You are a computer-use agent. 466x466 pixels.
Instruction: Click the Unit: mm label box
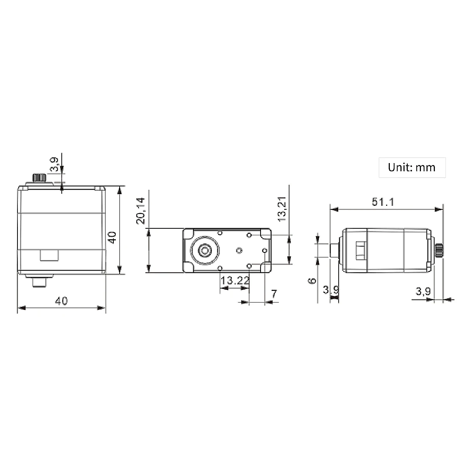pyautogui.click(x=412, y=167)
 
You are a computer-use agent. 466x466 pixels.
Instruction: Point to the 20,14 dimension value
pyautogui.click(x=141, y=211)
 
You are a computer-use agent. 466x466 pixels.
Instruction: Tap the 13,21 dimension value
pyautogui.click(x=282, y=209)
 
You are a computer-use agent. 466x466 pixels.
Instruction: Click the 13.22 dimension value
pyautogui.click(x=235, y=280)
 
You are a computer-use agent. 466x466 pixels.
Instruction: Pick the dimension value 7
pyautogui.click(x=274, y=294)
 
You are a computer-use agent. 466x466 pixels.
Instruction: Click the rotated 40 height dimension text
pyautogui.click(x=112, y=237)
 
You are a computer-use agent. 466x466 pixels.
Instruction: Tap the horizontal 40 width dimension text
pyautogui.click(x=61, y=301)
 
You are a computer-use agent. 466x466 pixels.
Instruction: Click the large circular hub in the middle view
pyautogui.click(x=204, y=251)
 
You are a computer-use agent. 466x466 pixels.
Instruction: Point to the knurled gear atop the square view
pyautogui.click(x=40, y=178)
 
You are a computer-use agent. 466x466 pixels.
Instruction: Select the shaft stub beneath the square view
pyautogui.click(x=39, y=282)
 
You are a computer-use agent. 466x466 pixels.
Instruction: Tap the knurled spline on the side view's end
pyautogui.click(x=439, y=250)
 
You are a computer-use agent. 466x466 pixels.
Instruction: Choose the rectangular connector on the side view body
pyautogui.click(x=360, y=250)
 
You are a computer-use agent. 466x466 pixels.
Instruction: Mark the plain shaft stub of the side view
pyautogui.click(x=334, y=250)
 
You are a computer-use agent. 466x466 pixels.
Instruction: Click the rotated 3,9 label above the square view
pyautogui.click(x=54, y=164)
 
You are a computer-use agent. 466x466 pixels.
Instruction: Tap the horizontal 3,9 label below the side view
pyautogui.click(x=423, y=291)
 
